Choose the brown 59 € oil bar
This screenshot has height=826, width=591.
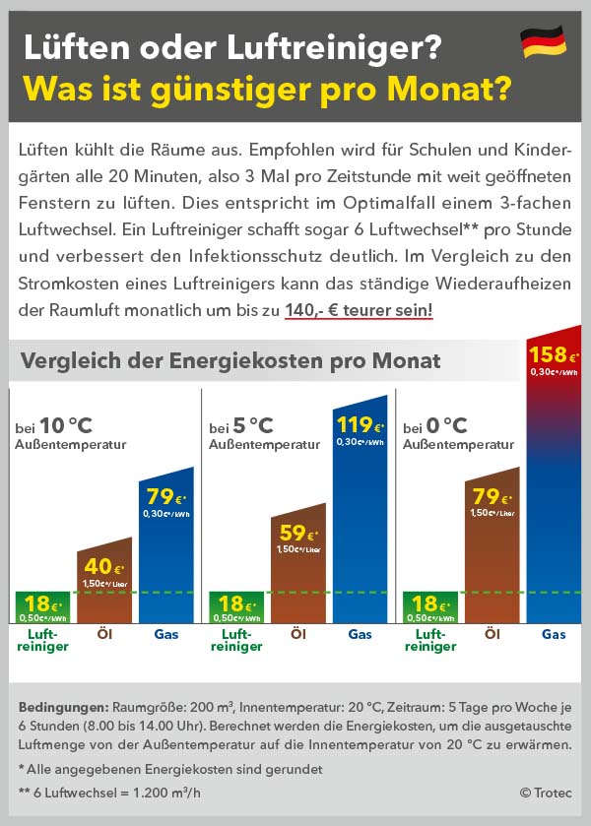(x=298, y=566)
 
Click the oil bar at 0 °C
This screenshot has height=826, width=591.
(x=492, y=551)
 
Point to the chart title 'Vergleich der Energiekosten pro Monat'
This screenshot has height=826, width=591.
(x=230, y=361)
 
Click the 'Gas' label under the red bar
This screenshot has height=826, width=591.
(x=554, y=635)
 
